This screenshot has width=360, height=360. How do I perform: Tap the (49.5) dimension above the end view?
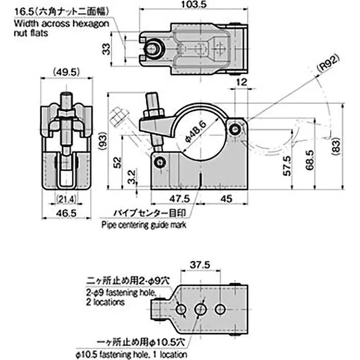pyautogui.click(x=66, y=71)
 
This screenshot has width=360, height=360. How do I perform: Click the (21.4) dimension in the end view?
pyautogui.click(x=66, y=198)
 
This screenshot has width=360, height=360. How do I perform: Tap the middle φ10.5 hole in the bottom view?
pyautogui.click(x=200, y=309)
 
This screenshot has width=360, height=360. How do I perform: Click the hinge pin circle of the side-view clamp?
pyautogui.click(x=234, y=130)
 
